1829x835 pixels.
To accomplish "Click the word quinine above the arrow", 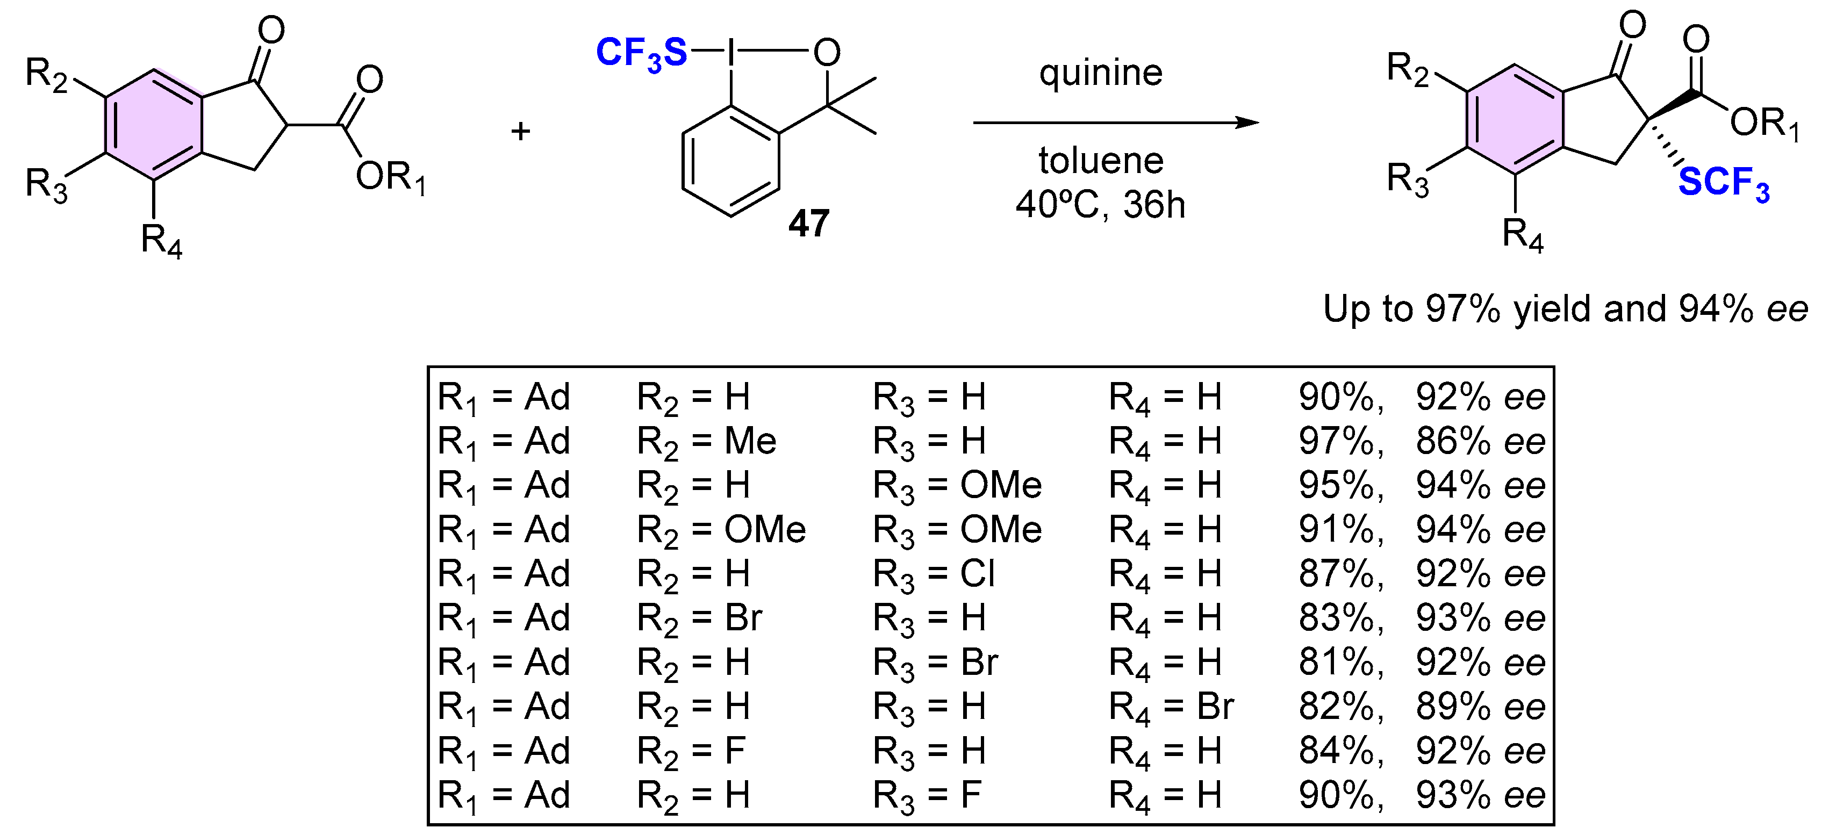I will point(1101,73).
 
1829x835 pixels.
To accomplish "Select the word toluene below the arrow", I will point(1101,161).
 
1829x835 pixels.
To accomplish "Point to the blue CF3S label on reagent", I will point(641,53).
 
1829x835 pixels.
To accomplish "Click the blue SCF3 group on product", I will point(1723,183).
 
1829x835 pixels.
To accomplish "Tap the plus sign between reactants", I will point(520,131).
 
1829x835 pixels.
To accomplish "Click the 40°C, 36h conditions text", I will point(1101,205).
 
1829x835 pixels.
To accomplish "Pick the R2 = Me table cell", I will point(706,442).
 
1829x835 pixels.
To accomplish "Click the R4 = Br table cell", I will point(1172,707).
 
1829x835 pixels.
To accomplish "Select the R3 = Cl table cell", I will point(934,574).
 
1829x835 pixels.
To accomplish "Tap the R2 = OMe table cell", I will point(721,530).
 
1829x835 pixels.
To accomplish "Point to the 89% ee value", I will point(1480,707).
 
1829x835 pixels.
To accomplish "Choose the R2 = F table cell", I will point(692,751).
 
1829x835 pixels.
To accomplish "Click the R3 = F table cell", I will point(927,795).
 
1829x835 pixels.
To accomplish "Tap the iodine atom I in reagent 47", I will point(731,52).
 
